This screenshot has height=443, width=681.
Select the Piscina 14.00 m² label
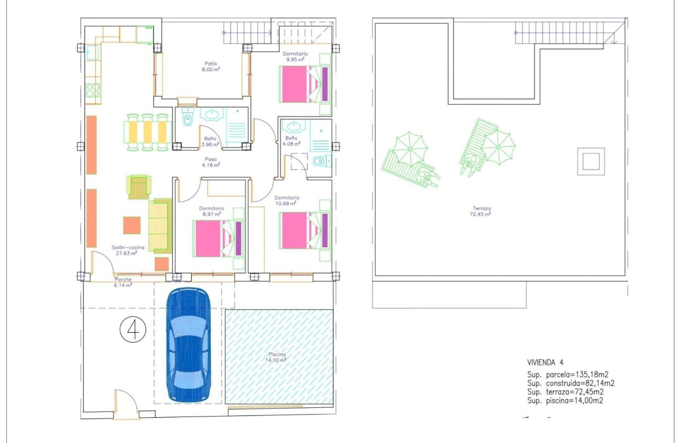pos(277,357)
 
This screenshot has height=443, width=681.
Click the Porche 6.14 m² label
pos(123,282)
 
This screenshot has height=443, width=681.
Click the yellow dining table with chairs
pos(147,132)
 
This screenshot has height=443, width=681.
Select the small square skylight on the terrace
pos(590,161)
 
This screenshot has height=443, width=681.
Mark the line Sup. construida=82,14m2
pos(571,383)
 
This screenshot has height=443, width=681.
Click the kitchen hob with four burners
pos(93,90)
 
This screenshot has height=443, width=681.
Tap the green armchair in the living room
pos(139,187)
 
